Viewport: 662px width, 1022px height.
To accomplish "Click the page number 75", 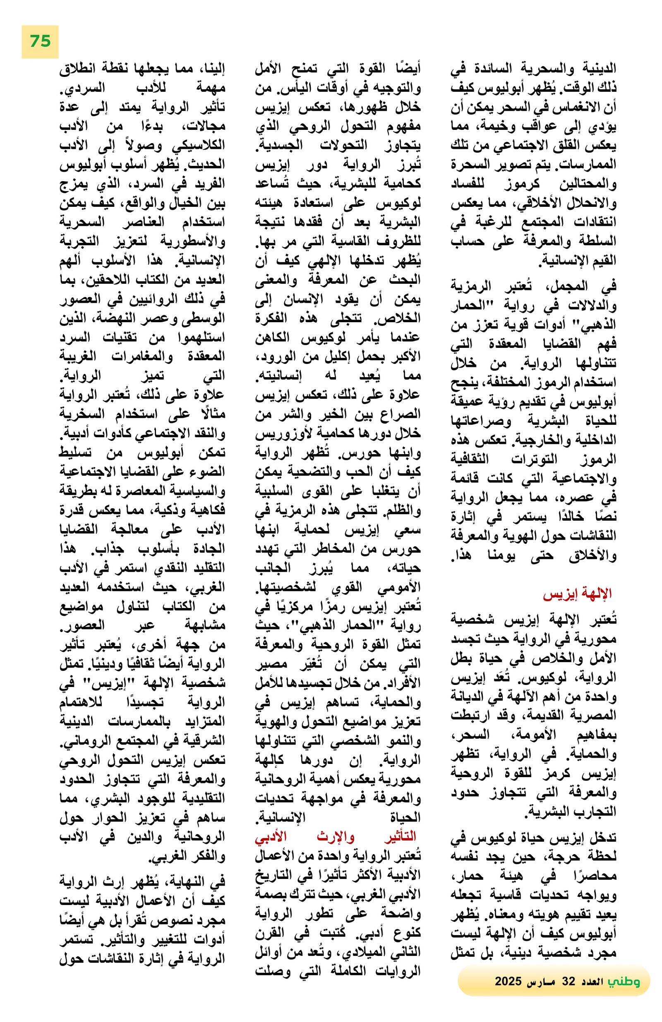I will click(40, 41).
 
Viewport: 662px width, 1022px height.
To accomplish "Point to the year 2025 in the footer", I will click(508, 981).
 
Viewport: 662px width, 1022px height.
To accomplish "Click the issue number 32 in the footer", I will click(568, 981).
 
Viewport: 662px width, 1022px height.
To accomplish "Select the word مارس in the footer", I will click(541, 981).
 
